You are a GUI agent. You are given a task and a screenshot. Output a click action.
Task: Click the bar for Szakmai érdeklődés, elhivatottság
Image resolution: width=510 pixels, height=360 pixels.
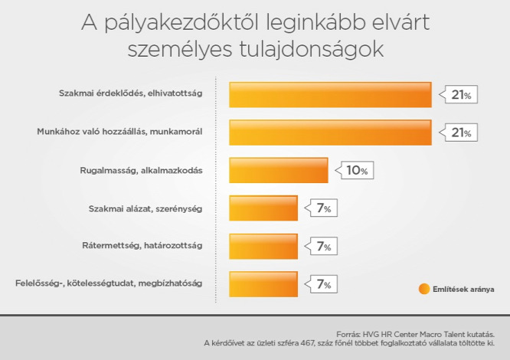click(x=330, y=95)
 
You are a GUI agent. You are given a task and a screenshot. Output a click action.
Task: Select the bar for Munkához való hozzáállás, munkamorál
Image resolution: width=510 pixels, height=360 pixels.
click(x=330, y=133)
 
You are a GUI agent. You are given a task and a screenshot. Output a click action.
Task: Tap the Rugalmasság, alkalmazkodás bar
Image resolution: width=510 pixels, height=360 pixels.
click(x=279, y=170)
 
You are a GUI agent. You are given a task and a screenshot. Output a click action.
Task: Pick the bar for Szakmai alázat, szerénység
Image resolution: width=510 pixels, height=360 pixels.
click(x=263, y=208)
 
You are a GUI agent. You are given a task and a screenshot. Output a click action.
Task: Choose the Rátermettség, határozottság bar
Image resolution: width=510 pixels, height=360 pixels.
click(x=263, y=246)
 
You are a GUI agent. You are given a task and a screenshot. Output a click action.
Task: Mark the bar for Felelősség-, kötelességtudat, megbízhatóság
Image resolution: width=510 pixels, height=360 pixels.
click(x=263, y=284)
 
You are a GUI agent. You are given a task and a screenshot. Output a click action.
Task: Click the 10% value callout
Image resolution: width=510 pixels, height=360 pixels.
click(x=355, y=170)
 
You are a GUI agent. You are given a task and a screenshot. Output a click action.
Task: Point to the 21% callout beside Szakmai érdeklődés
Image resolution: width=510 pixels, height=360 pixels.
click(x=459, y=95)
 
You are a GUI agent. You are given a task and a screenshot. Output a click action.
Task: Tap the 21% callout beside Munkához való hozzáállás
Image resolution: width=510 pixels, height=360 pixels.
click(x=459, y=133)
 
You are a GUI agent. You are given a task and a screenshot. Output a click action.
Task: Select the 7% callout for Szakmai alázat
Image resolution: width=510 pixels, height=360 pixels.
click(x=321, y=208)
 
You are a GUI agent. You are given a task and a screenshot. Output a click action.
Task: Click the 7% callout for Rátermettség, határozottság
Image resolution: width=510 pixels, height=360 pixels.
click(x=321, y=246)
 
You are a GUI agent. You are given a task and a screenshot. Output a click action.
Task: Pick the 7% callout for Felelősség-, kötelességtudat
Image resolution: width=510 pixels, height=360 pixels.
click(x=321, y=284)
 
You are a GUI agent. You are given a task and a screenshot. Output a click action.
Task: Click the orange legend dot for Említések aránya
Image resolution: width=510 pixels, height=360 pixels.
click(x=424, y=289)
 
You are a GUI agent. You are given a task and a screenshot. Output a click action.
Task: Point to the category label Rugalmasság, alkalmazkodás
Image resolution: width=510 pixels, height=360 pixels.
click(x=141, y=171)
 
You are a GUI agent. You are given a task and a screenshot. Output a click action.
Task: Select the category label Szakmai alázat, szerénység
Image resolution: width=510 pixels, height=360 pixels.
click(x=145, y=209)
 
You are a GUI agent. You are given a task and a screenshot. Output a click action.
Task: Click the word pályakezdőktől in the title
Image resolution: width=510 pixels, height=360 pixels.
click(x=181, y=24)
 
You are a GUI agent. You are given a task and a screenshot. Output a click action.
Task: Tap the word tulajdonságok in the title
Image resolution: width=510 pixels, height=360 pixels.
click(x=312, y=50)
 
